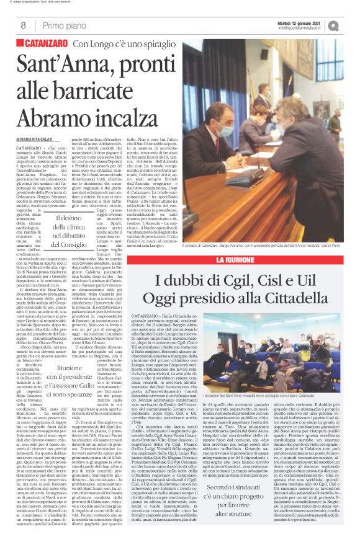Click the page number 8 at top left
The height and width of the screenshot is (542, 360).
click(x=23, y=25)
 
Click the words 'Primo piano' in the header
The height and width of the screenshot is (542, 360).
click(x=63, y=25)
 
